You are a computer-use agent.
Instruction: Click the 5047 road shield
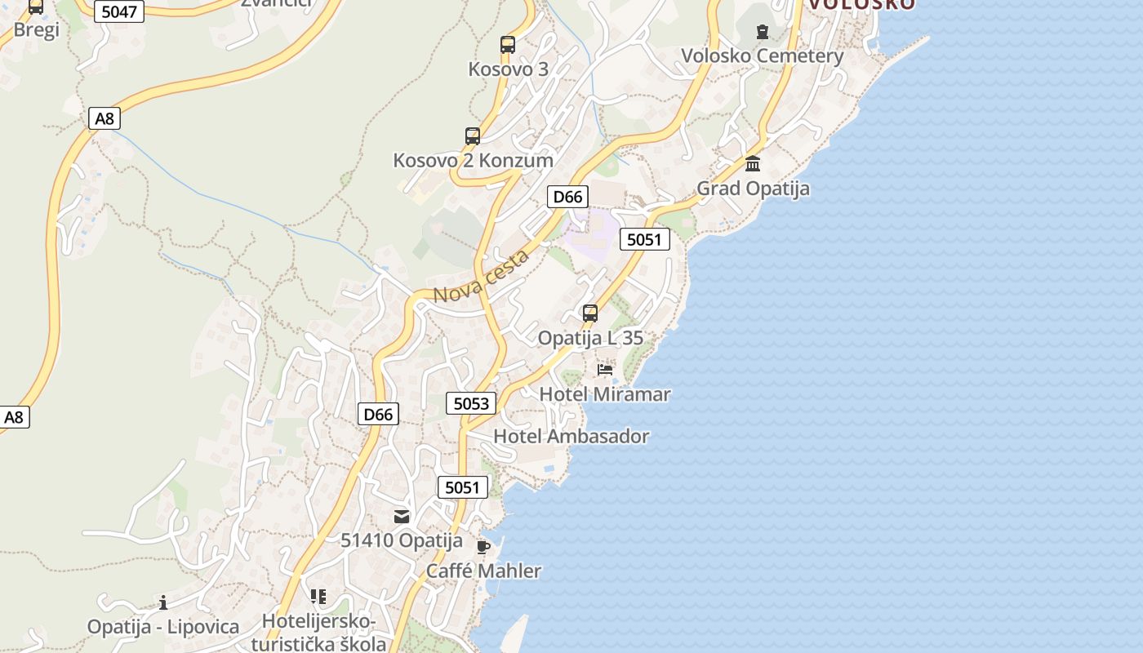(119, 11)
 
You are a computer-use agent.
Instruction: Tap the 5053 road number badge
(471, 403)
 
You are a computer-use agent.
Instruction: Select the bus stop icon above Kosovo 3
(508, 45)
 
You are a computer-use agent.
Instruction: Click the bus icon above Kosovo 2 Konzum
(473, 136)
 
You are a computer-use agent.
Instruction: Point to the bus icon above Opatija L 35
(589, 313)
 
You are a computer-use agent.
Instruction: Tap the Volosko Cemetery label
(762, 56)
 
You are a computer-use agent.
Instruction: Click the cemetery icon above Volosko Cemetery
(762, 32)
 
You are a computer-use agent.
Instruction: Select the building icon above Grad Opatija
(753, 163)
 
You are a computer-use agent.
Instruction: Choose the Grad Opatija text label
(753, 189)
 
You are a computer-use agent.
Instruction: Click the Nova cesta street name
(481, 277)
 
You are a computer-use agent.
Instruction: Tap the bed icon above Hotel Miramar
(605, 370)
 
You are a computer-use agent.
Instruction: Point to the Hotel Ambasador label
(571, 437)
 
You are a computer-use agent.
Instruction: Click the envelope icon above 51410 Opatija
(402, 516)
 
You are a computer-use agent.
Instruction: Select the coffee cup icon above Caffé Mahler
(483, 546)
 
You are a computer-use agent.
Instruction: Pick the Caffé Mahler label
(483, 571)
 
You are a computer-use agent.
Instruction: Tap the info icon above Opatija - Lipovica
(163, 602)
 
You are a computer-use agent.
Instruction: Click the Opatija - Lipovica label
(163, 627)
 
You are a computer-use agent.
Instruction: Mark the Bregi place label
(37, 30)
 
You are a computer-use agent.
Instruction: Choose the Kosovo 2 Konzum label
(473, 160)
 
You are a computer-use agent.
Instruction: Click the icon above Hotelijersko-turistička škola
(318, 597)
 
